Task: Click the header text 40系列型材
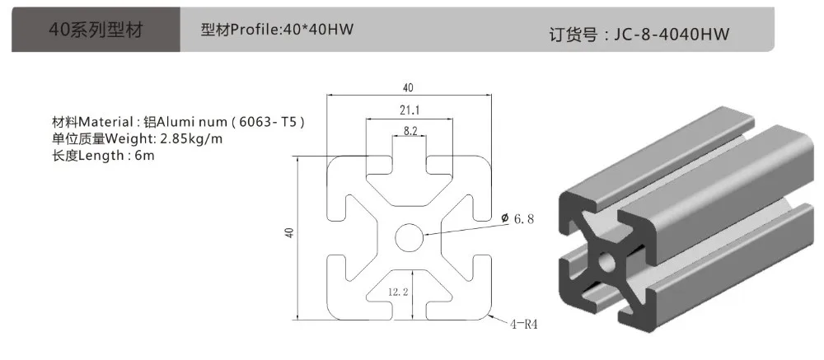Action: click(96, 30)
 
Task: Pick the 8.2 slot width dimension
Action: click(409, 129)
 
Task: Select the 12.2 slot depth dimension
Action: click(398, 291)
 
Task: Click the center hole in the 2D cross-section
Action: click(409, 237)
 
